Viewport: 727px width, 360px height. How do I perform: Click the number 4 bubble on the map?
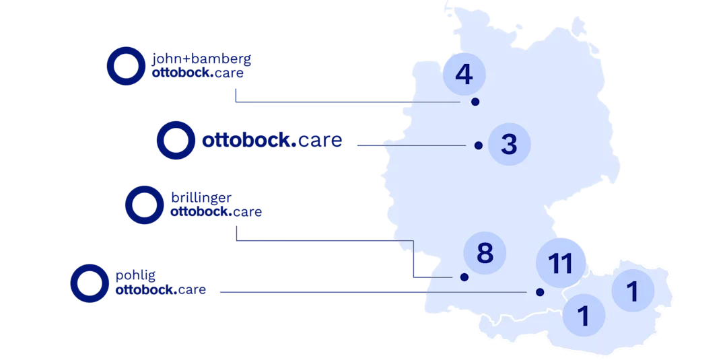(463, 75)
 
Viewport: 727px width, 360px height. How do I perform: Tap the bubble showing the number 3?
(510, 144)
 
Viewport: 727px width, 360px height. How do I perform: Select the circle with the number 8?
(485, 254)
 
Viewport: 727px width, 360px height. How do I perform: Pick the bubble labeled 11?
(559, 262)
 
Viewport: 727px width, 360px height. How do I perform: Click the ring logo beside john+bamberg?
(125, 66)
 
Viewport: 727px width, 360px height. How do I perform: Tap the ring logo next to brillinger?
(143, 205)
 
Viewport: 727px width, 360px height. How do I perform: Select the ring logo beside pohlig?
(90, 283)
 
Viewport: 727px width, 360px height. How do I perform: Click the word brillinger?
(201, 198)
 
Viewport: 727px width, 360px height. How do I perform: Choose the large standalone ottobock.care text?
(272, 141)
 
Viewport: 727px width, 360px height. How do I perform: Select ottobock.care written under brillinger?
(216, 212)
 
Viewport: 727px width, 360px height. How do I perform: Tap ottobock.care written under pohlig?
(160, 291)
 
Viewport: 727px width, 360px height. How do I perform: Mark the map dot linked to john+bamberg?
(475, 102)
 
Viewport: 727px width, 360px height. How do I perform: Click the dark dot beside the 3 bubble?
(478, 145)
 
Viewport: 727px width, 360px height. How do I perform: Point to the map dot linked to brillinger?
(463, 277)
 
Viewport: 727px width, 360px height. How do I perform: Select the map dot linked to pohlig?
(539, 292)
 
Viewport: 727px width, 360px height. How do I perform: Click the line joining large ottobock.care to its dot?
(411, 145)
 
